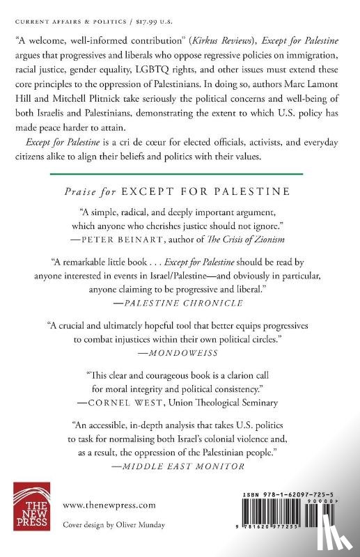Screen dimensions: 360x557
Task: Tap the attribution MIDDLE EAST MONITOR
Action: click(x=185, y=467)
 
